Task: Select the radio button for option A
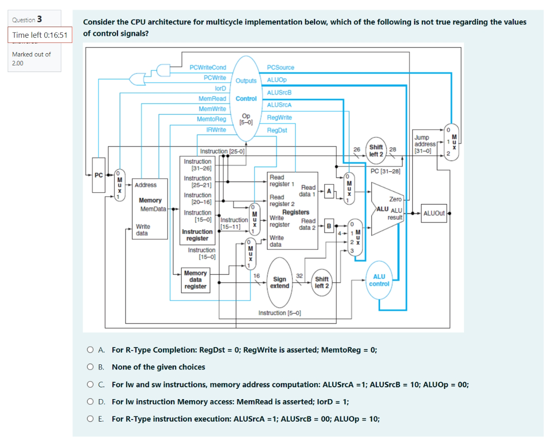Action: pyautogui.click(x=90, y=350)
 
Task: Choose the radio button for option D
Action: pyautogui.click(x=90, y=402)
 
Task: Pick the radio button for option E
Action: pyautogui.click(x=90, y=419)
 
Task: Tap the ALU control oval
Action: pyautogui.click(x=379, y=280)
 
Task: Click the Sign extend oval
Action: pyautogui.click(x=280, y=283)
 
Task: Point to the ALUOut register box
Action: pyautogui.click(x=435, y=214)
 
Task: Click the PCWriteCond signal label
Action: pyautogui.click(x=207, y=67)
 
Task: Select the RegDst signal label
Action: pyautogui.click(x=277, y=130)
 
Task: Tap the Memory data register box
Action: pyautogui.click(x=195, y=280)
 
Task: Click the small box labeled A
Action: pyautogui.click(x=329, y=191)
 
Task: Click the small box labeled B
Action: pyautogui.click(x=329, y=225)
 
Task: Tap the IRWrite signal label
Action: pyautogui.click(x=216, y=130)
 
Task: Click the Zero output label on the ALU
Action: pyautogui.click(x=395, y=199)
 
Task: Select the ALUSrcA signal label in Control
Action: pyautogui.click(x=279, y=105)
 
